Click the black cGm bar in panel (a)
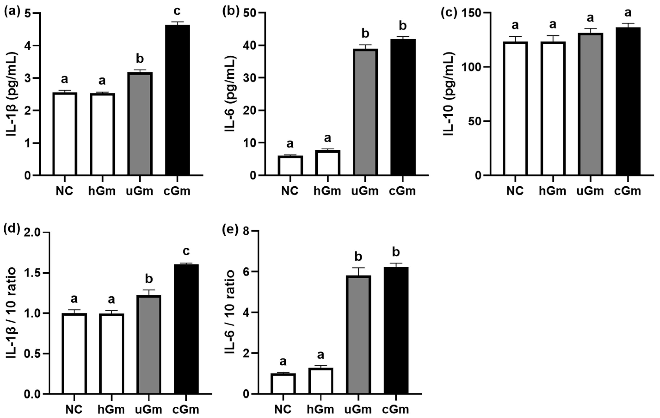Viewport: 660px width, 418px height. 177,100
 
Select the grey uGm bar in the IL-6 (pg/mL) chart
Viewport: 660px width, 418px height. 365,112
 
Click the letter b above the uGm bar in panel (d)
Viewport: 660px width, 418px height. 149,279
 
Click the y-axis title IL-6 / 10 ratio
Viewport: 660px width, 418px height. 230,312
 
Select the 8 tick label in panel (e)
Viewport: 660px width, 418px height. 248,232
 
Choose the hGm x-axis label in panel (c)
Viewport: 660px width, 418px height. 553,191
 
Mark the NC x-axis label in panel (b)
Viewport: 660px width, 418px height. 290,191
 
